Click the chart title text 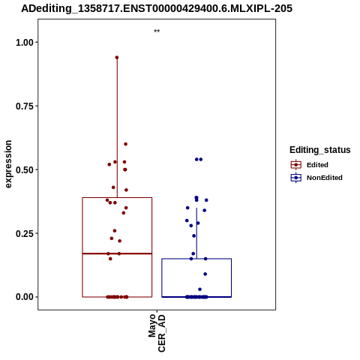coord(157,9)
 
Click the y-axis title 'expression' coord(8,164)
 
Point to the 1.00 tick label coord(25,43)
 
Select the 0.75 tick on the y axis coord(25,106)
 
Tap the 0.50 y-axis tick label coord(25,170)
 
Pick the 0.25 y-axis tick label coord(25,234)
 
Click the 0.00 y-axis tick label coord(25,297)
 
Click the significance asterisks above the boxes coord(157,31)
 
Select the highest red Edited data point coord(117,58)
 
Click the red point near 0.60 coord(126,144)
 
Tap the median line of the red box coord(117,253)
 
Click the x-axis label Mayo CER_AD coord(157,334)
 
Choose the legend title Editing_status coord(320,150)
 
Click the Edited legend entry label coord(317,165)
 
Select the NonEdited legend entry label coord(325,178)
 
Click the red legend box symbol coord(296,165)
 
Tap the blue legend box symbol coord(296,178)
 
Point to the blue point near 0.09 coord(205,274)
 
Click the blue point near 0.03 coord(199,289)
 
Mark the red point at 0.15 coord(110,259)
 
